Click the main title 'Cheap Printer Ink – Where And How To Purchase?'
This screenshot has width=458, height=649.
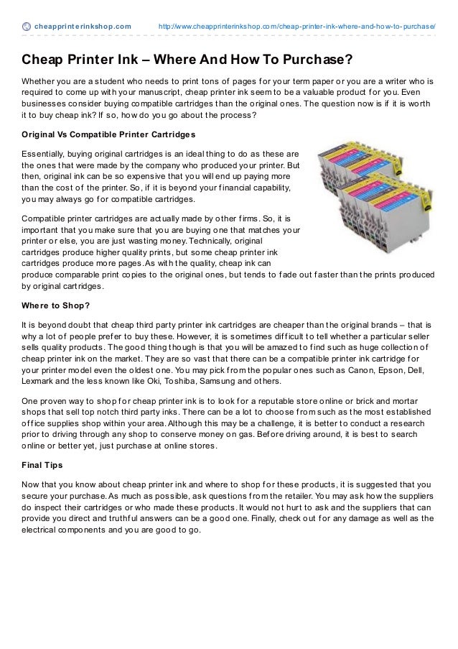click(x=187, y=57)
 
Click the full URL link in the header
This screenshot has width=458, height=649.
click(x=297, y=27)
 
